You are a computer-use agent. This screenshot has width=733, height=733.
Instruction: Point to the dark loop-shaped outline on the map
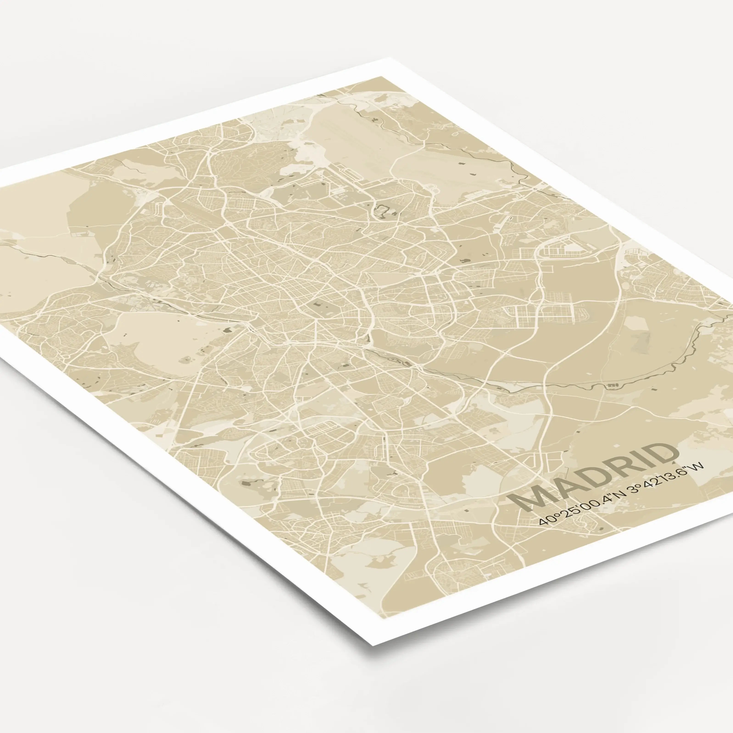383,211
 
